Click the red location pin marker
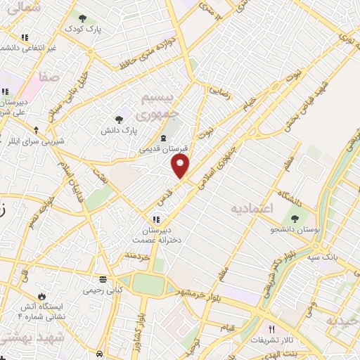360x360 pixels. coord(181,166)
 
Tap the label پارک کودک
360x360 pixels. coord(84,29)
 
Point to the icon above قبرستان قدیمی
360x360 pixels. coord(163,137)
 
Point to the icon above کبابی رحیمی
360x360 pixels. coord(103,278)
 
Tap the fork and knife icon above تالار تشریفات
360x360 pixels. coord(271,329)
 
